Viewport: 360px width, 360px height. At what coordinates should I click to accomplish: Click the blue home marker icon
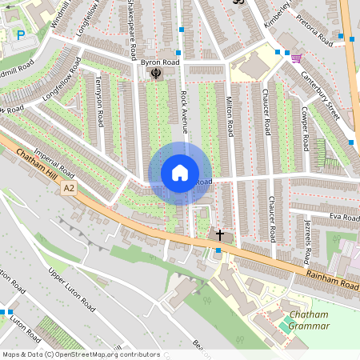click(x=180, y=173)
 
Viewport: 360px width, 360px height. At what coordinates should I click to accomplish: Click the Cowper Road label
click(x=305, y=130)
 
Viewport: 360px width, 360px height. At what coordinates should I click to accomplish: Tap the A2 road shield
click(x=70, y=187)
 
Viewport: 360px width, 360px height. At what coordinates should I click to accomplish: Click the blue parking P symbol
click(x=21, y=35)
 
